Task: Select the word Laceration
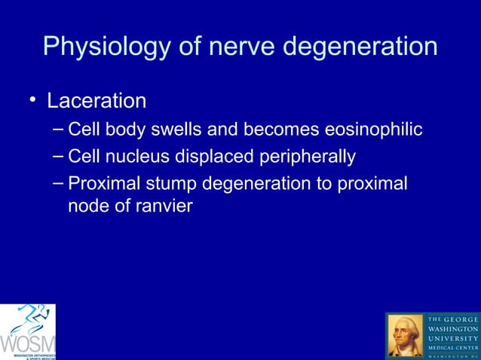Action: (x=97, y=100)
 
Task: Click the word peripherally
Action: (x=303, y=157)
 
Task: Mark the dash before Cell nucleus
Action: (x=58, y=156)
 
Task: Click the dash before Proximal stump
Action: (x=58, y=183)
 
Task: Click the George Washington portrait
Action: (x=406, y=335)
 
